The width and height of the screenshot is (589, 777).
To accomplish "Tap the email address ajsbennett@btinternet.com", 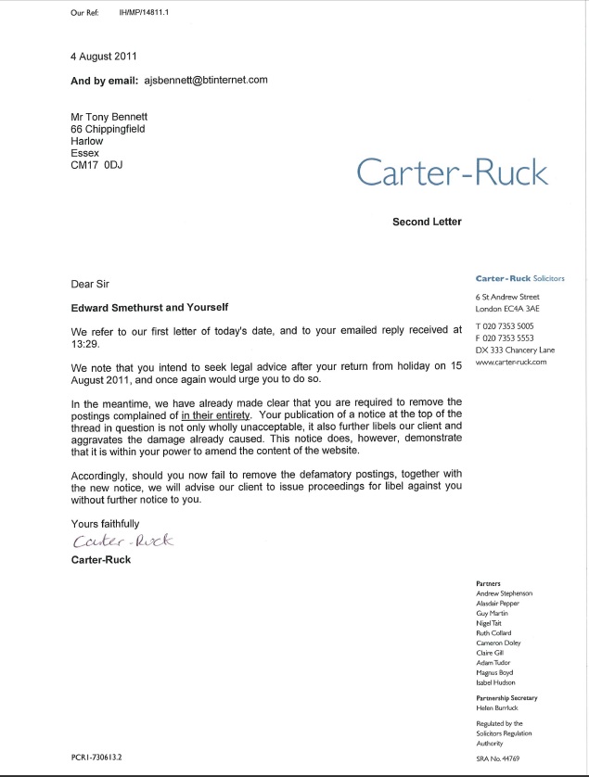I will pos(206,80).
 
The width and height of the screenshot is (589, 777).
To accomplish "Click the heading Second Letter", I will pos(427,222).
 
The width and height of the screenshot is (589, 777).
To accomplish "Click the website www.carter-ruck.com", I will pos(510,363).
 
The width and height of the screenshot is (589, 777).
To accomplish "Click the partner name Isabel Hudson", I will pos(502,681).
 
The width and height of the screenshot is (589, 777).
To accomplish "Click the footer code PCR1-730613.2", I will pos(104,758).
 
